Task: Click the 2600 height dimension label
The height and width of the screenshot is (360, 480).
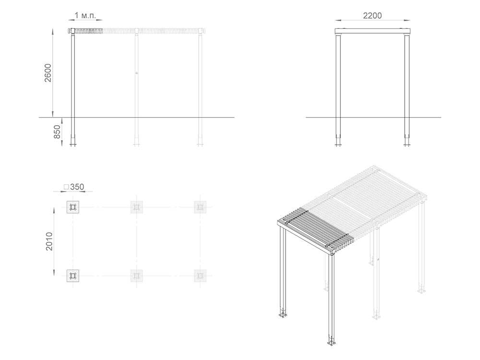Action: tap(48, 73)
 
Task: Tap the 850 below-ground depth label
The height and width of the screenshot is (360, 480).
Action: tap(57, 132)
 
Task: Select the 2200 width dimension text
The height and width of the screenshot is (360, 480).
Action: tap(372, 16)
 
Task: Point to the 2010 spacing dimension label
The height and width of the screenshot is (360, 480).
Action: tap(49, 241)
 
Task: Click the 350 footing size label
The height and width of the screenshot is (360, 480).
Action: tap(77, 187)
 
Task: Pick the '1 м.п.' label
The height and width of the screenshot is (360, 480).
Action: tap(85, 15)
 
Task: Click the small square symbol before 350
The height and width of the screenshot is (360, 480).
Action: tap(66, 187)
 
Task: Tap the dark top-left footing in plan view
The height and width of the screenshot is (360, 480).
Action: tap(73, 207)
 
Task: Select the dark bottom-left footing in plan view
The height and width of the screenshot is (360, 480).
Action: tap(73, 276)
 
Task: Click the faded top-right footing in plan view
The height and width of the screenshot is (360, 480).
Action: tap(200, 207)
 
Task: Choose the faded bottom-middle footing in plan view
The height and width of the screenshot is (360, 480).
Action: tap(136, 276)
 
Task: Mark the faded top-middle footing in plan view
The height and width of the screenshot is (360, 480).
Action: tap(136, 207)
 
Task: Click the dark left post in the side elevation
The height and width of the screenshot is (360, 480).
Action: tap(73, 87)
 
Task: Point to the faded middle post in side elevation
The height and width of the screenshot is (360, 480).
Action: tap(136, 87)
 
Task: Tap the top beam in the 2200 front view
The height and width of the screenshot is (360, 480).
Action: tap(372, 31)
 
